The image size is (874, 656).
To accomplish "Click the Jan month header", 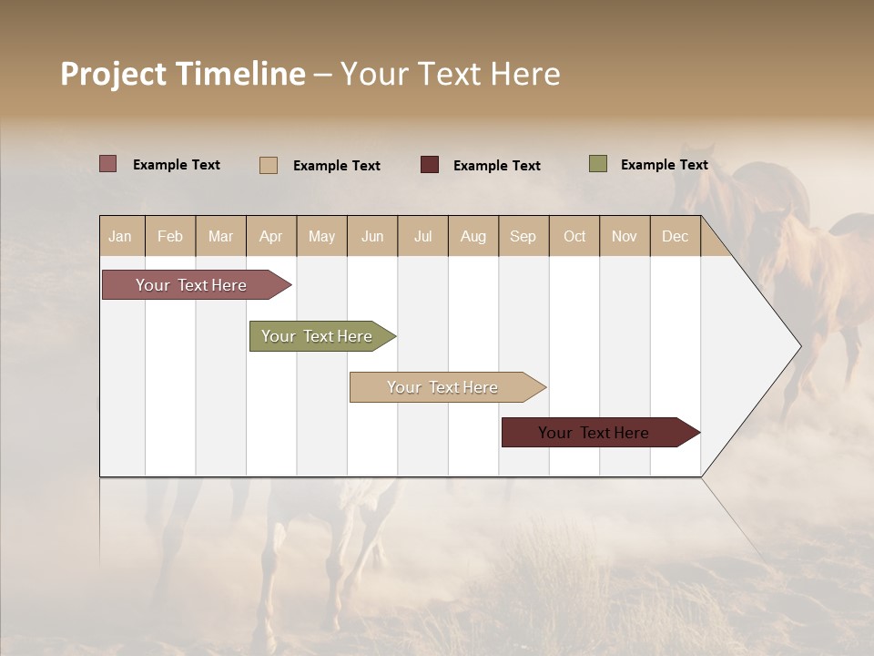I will (121, 236).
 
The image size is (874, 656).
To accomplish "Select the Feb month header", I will (170, 236).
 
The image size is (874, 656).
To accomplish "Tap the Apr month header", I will (271, 236).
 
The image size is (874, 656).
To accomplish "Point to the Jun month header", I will (372, 236).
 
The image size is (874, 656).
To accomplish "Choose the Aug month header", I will (473, 236).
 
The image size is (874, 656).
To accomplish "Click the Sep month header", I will (523, 236).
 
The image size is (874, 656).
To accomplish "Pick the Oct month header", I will (574, 236).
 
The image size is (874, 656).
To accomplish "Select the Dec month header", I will (676, 236).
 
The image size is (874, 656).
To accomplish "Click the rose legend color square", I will (108, 164).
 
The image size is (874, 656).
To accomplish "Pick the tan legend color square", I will (269, 165).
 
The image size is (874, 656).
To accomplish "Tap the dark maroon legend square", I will (430, 165).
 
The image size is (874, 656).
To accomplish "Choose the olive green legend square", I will (598, 164).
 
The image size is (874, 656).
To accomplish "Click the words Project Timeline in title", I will (182, 74).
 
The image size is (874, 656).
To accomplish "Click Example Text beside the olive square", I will (664, 164).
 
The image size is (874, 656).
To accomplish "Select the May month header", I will (321, 236).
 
